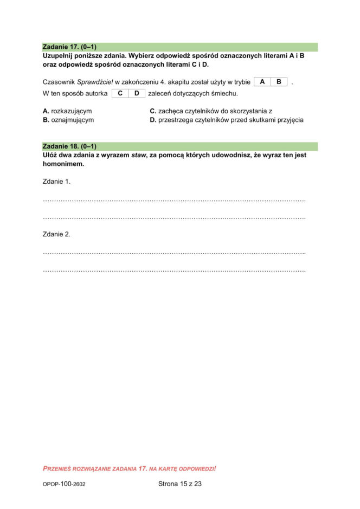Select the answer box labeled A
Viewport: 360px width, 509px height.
tap(262, 82)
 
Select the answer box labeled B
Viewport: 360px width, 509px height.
tap(279, 82)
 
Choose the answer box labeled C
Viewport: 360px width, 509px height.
tap(120, 93)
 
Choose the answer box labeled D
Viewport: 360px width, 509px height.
tap(137, 93)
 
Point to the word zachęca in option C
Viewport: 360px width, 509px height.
tap(170, 111)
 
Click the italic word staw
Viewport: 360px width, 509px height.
tap(139, 155)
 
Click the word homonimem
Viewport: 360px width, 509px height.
tap(63, 163)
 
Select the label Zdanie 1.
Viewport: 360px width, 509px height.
tap(56, 181)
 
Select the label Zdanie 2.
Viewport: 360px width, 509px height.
tap(56, 234)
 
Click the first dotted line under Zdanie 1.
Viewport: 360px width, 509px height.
tap(173, 201)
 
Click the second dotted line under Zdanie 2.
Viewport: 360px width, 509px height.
tap(173, 270)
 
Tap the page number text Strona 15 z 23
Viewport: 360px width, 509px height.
tap(179, 484)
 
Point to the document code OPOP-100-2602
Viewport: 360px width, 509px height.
tap(63, 484)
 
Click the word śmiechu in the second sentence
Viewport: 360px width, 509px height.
tap(224, 93)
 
